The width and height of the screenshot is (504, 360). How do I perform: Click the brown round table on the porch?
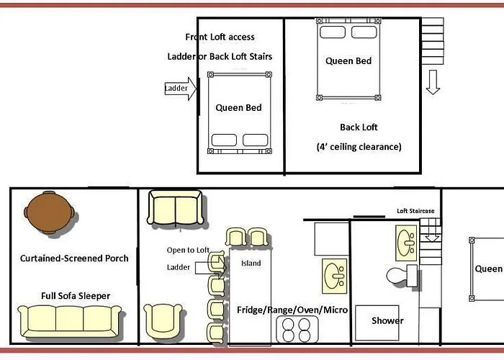(x=49, y=212)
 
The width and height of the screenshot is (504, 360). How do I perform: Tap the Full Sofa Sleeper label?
(x=76, y=296)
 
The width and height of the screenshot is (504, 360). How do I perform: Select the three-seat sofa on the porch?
(x=69, y=321)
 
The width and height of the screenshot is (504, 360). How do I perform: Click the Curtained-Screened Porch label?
(x=74, y=258)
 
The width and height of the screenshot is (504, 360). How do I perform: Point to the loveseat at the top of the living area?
(x=175, y=207)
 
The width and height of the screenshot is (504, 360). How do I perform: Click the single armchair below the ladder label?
(x=163, y=320)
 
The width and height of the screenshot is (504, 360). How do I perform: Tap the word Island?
(x=251, y=264)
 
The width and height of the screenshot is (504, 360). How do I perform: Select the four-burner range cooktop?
(x=297, y=330)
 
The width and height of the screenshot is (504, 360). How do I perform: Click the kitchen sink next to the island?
(x=335, y=276)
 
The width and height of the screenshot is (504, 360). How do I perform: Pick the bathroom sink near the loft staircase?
(x=406, y=243)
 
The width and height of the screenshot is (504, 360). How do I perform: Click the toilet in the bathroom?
(x=402, y=276)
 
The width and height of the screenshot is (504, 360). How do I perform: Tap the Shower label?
(x=387, y=320)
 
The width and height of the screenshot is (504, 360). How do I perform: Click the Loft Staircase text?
(x=415, y=211)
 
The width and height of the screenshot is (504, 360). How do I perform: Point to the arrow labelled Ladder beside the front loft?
(x=181, y=89)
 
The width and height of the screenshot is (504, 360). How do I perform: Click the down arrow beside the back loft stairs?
(x=433, y=82)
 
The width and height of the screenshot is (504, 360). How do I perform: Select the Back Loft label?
(x=359, y=127)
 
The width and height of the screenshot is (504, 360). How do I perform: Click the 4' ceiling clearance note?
(x=359, y=147)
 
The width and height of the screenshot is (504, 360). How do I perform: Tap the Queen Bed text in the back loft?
(x=348, y=60)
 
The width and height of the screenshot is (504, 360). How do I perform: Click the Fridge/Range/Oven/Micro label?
(x=292, y=310)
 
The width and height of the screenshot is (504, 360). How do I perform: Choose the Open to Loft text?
(x=188, y=250)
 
